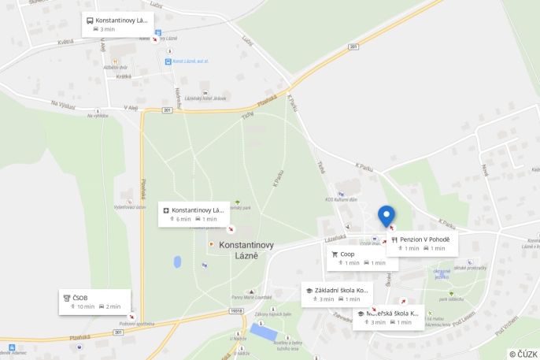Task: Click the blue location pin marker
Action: pyautogui.click(x=387, y=214)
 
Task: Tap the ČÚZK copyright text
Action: pyautogui.click(x=523, y=354)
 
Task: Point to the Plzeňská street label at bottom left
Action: pyautogui.click(x=79, y=337)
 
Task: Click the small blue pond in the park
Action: pyautogui.click(x=177, y=262)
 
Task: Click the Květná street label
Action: pyautogui.click(x=65, y=42)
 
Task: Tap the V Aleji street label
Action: pyautogui.click(x=131, y=108)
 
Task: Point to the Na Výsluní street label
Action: pyautogui.click(x=63, y=104)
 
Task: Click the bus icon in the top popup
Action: pyautogui.click(x=90, y=20)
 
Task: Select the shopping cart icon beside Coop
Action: pyautogui.click(x=335, y=254)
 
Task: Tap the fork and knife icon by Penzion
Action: pyautogui.click(x=394, y=239)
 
